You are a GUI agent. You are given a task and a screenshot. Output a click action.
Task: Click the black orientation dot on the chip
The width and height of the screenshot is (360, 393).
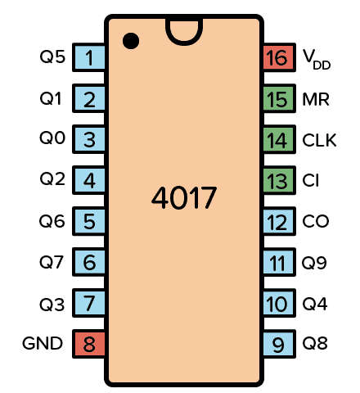(x=131, y=41)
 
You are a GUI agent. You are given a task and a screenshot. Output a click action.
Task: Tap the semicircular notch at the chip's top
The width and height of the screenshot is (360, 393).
(x=184, y=41)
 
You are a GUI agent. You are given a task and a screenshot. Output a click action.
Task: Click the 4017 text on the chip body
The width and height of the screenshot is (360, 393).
(x=184, y=197)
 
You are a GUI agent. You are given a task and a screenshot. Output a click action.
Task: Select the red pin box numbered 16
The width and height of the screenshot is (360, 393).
(x=280, y=57)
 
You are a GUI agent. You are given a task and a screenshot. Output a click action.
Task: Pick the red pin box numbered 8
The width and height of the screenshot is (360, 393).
(x=88, y=344)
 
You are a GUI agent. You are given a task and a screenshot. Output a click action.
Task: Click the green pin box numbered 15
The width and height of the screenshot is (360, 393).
(x=280, y=98)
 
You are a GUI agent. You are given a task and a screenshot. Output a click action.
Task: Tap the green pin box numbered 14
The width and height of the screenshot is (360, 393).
(x=280, y=139)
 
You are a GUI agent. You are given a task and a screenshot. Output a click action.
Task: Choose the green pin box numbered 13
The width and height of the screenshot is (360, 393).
(x=280, y=180)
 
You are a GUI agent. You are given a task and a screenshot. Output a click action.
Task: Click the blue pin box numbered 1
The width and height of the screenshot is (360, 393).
(x=88, y=57)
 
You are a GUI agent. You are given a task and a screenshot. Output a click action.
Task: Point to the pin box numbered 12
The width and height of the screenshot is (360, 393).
(x=280, y=221)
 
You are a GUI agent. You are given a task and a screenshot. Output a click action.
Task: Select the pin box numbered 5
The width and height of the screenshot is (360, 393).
(x=88, y=221)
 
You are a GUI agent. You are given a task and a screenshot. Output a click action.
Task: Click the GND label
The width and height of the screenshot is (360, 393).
(x=43, y=343)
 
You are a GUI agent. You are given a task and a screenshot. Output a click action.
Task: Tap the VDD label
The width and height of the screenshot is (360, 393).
(x=317, y=59)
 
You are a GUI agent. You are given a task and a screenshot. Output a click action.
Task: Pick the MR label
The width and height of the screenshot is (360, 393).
(x=316, y=99)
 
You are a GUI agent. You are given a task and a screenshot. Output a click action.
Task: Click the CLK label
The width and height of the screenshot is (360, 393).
(x=319, y=140)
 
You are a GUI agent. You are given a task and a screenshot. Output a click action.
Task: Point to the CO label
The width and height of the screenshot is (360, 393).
(x=316, y=221)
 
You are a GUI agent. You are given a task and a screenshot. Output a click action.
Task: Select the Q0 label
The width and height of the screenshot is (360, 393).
(x=52, y=138)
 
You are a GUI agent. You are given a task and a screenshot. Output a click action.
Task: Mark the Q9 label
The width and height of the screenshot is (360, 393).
(x=314, y=263)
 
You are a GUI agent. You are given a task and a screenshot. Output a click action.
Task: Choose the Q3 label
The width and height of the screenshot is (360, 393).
(x=52, y=305)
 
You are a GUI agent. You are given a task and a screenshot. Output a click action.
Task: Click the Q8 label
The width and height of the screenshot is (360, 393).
(x=315, y=343)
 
